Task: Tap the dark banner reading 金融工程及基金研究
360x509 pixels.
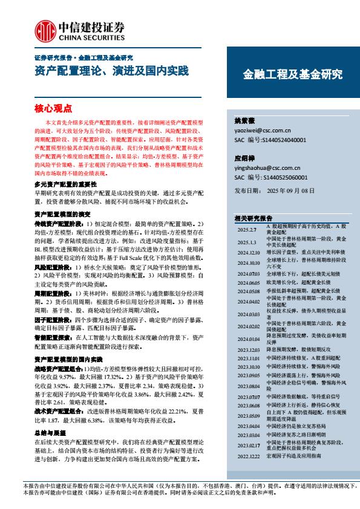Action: tap(292, 75)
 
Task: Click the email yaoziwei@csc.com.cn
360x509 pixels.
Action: tap(262, 130)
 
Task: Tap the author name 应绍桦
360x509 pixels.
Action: tap(244, 158)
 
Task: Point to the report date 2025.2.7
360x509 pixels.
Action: tap(246, 229)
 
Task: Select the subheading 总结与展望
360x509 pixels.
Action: tap(49, 432)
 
